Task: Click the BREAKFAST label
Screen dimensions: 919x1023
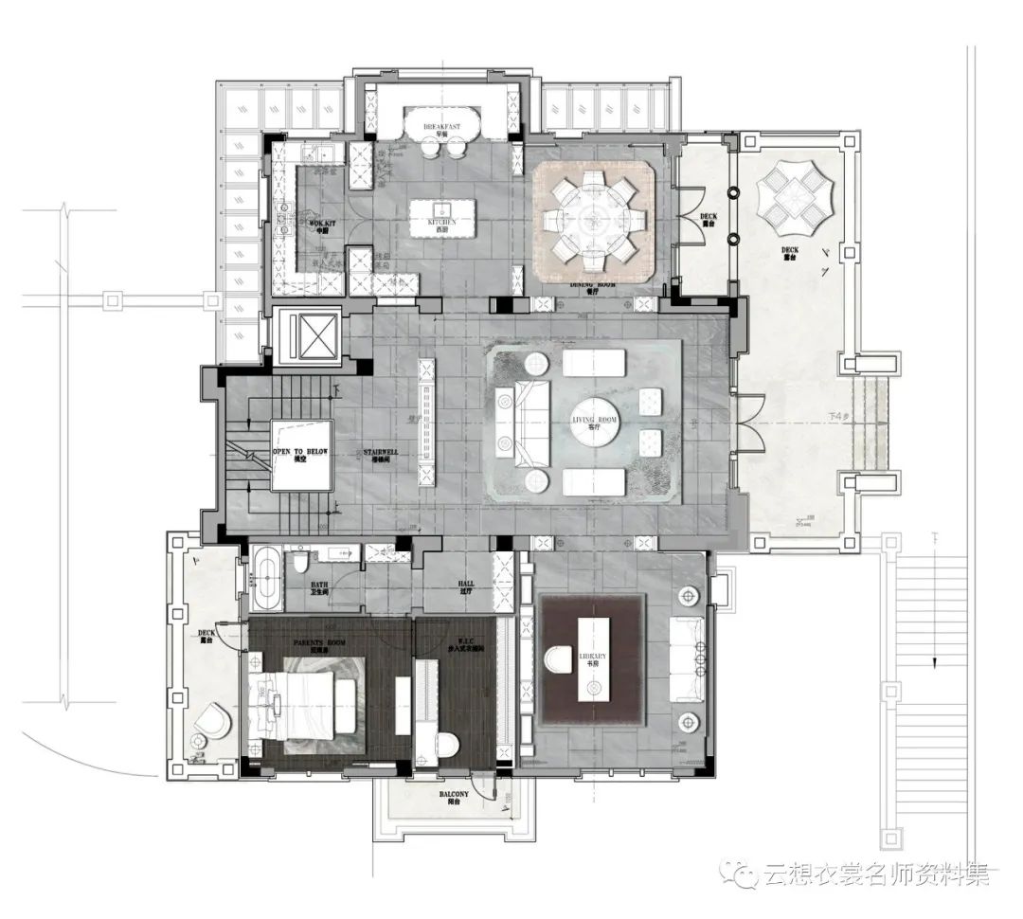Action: click(442, 126)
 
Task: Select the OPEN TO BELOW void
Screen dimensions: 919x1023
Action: click(300, 455)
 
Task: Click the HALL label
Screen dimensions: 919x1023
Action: click(465, 586)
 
